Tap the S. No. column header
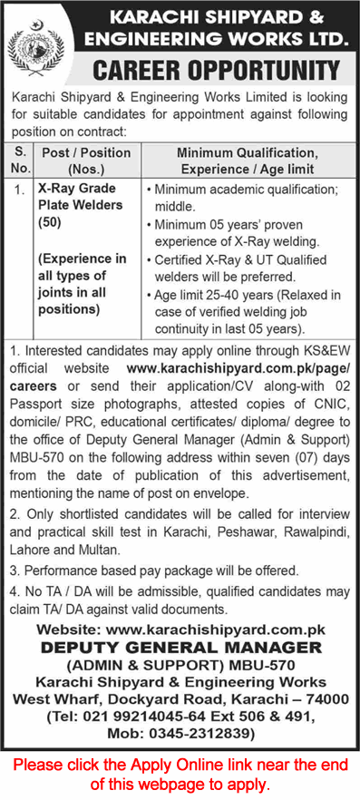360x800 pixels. pyautogui.click(x=20, y=161)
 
